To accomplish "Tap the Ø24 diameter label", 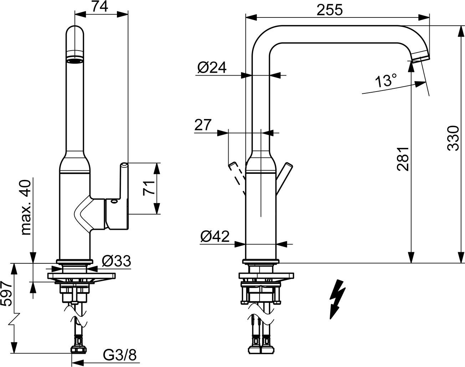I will tap(211, 67).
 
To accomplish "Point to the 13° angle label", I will tap(386, 81).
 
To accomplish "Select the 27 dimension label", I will tap(203, 125).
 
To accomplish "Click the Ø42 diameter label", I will tap(215, 237).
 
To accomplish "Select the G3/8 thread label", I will tap(120, 355).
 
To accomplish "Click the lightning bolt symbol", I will tap(337, 299).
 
